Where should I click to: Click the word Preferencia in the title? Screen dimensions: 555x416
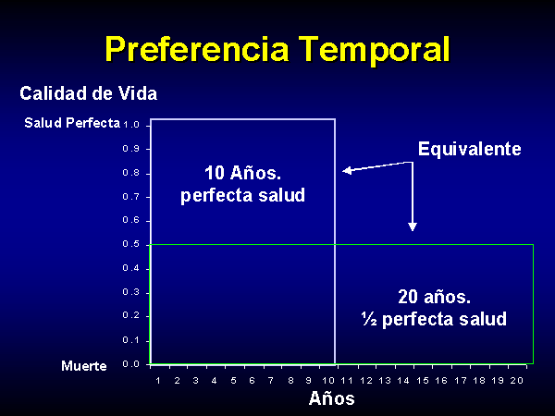tap(197, 50)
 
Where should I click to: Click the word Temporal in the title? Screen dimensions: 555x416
tap(374, 50)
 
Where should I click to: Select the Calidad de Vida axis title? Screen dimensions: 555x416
tap(89, 93)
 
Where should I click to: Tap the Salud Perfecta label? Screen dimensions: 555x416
tap(72, 123)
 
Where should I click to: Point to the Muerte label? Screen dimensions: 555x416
tap(84, 366)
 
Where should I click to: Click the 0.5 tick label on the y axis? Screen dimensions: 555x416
tap(131, 244)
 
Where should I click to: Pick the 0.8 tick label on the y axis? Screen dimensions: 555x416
tap(131, 174)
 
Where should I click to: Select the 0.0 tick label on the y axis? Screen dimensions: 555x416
tap(131, 364)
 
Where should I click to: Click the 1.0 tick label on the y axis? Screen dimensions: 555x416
tap(131, 125)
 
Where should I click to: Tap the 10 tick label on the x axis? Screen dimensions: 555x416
tap(328, 381)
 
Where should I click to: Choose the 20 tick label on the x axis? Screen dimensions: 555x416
tap(517, 381)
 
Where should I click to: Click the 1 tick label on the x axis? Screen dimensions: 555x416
tap(158, 381)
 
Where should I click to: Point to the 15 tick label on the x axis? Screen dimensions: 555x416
tap(423, 381)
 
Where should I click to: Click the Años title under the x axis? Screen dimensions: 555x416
tap(332, 398)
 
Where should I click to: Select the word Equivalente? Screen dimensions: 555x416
tap(470, 149)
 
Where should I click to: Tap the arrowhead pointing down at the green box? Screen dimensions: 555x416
tap(413, 226)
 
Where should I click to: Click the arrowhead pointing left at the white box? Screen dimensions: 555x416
tap(347, 170)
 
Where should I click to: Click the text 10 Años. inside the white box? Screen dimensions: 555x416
tap(242, 173)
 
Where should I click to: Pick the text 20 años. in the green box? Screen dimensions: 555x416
tap(435, 297)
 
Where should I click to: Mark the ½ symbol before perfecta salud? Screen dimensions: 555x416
tap(369, 319)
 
